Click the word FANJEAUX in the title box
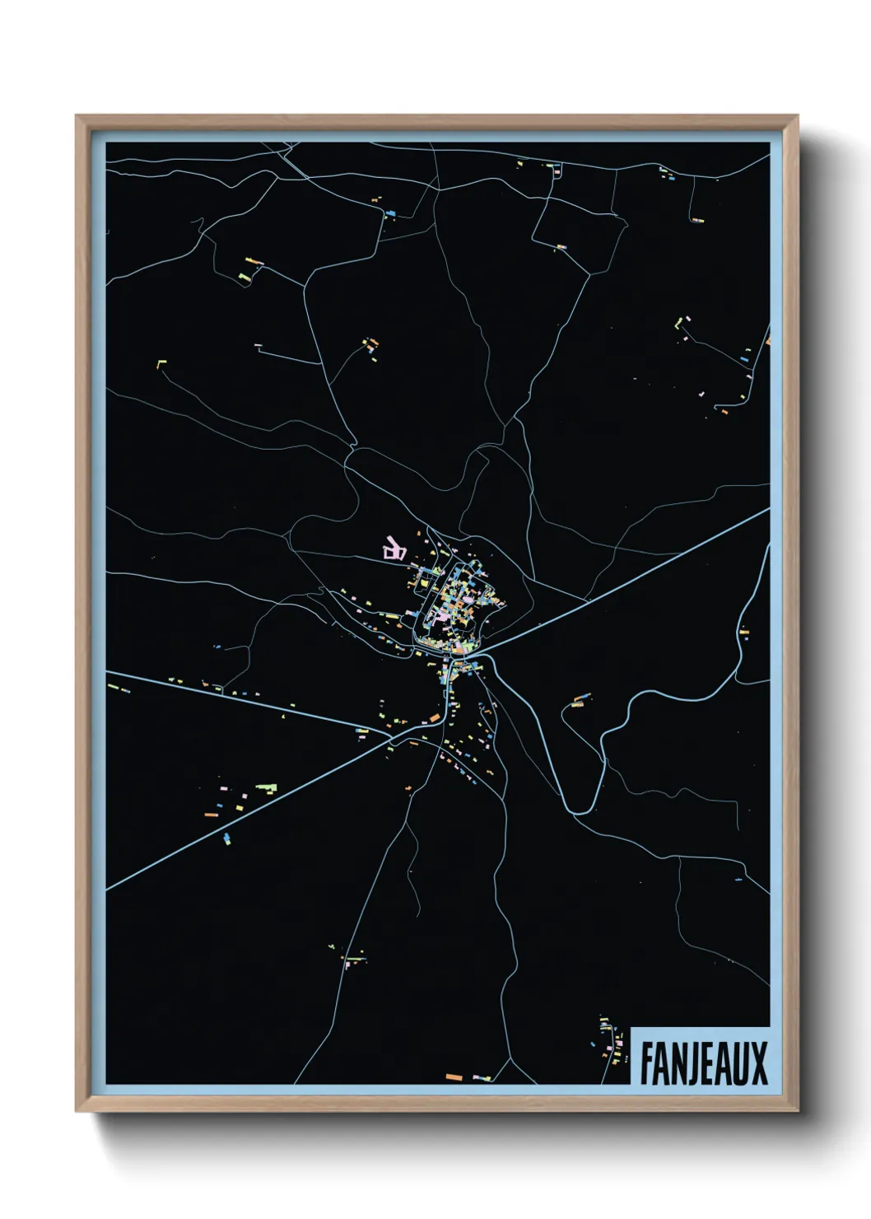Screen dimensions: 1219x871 (x=703, y=1063)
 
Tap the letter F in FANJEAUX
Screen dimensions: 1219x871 (x=647, y=1063)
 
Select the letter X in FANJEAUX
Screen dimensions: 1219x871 (x=759, y=1063)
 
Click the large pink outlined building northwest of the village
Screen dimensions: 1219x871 (x=394, y=549)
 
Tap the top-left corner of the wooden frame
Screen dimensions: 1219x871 (x=77, y=116)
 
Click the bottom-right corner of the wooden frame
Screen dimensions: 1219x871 (x=797, y=1110)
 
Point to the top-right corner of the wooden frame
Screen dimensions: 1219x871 (x=797, y=116)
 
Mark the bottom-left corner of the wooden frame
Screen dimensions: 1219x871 (x=77, y=1110)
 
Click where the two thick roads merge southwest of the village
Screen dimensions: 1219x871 (x=392, y=736)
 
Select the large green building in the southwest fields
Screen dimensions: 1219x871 (x=266, y=787)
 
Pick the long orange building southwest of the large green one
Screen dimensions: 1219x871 (x=212, y=815)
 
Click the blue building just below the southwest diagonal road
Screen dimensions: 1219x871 (x=226, y=839)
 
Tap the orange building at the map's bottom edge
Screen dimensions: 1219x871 (x=453, y=1077)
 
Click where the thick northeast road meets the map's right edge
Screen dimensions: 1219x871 (x=768, y=509)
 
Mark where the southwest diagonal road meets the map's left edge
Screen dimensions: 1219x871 (x=108, y=889)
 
